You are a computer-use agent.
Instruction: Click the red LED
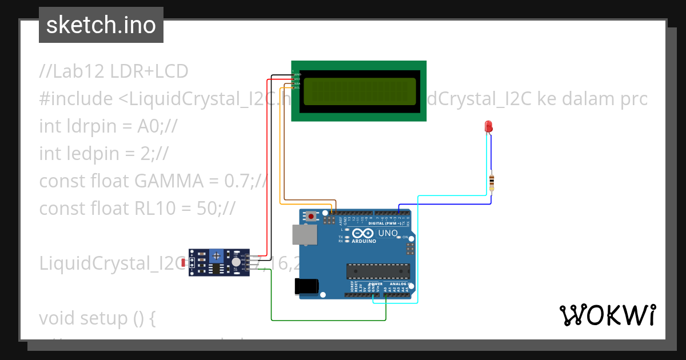point(488,126)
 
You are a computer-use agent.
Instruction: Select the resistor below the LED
point(492,183)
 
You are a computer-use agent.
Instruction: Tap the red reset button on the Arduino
point(311,216)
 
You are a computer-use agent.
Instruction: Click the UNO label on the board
point(388,233)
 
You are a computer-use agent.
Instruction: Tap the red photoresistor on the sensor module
point(184,263)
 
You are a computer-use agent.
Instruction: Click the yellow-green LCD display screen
point(359,91)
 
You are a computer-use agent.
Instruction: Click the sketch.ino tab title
point(101,25)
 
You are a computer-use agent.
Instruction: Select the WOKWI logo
point(607,315)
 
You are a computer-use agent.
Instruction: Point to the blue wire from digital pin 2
point(446,204)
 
